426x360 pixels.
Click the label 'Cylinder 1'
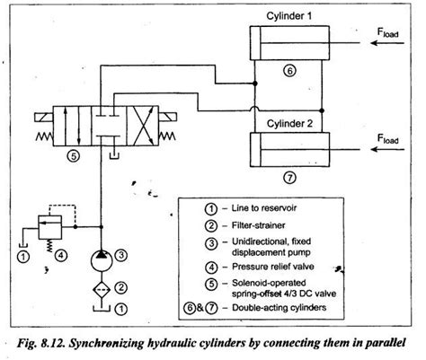[x=280, y=17]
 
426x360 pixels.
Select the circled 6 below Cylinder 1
[x=288, y=70]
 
